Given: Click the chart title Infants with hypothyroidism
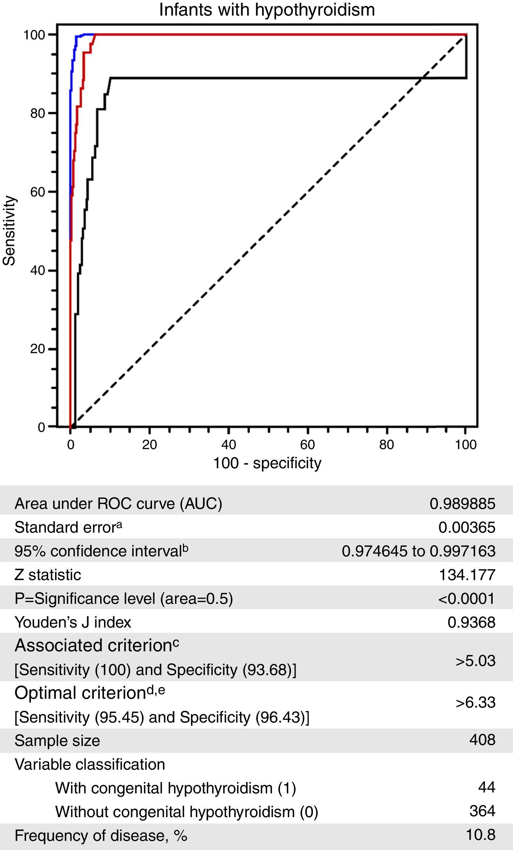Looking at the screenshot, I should (x=267, y=10).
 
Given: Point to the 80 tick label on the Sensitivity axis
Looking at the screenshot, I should (x=38, y=113).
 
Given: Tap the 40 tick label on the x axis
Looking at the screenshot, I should (x=228, y=445).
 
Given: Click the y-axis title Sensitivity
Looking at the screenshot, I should (x=9, y=231).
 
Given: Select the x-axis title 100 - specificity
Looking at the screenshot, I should (x=267, y=463).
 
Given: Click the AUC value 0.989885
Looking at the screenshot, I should (x=462, y=504).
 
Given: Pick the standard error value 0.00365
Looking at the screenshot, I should (x=467, y=527).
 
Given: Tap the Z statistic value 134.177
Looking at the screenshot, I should (x=467, y=575).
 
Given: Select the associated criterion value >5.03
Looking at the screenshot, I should (x=475, y=661).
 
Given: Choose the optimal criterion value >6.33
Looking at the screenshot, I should (x=475, y=702).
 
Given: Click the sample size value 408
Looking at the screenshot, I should (x=482, y=740).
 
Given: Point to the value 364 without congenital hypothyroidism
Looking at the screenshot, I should (x=482, y=811).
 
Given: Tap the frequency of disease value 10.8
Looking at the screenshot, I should (x=480, y=835).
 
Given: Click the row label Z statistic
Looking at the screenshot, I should (x=48, y=575).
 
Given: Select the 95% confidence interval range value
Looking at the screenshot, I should (x=418, y=551).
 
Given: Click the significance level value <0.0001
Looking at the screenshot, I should (x=466, y=599).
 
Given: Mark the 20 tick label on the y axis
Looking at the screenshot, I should (x=38, y=349).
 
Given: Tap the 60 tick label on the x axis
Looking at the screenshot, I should (x=307, y=445).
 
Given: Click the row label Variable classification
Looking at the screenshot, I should (x=90, y=764).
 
